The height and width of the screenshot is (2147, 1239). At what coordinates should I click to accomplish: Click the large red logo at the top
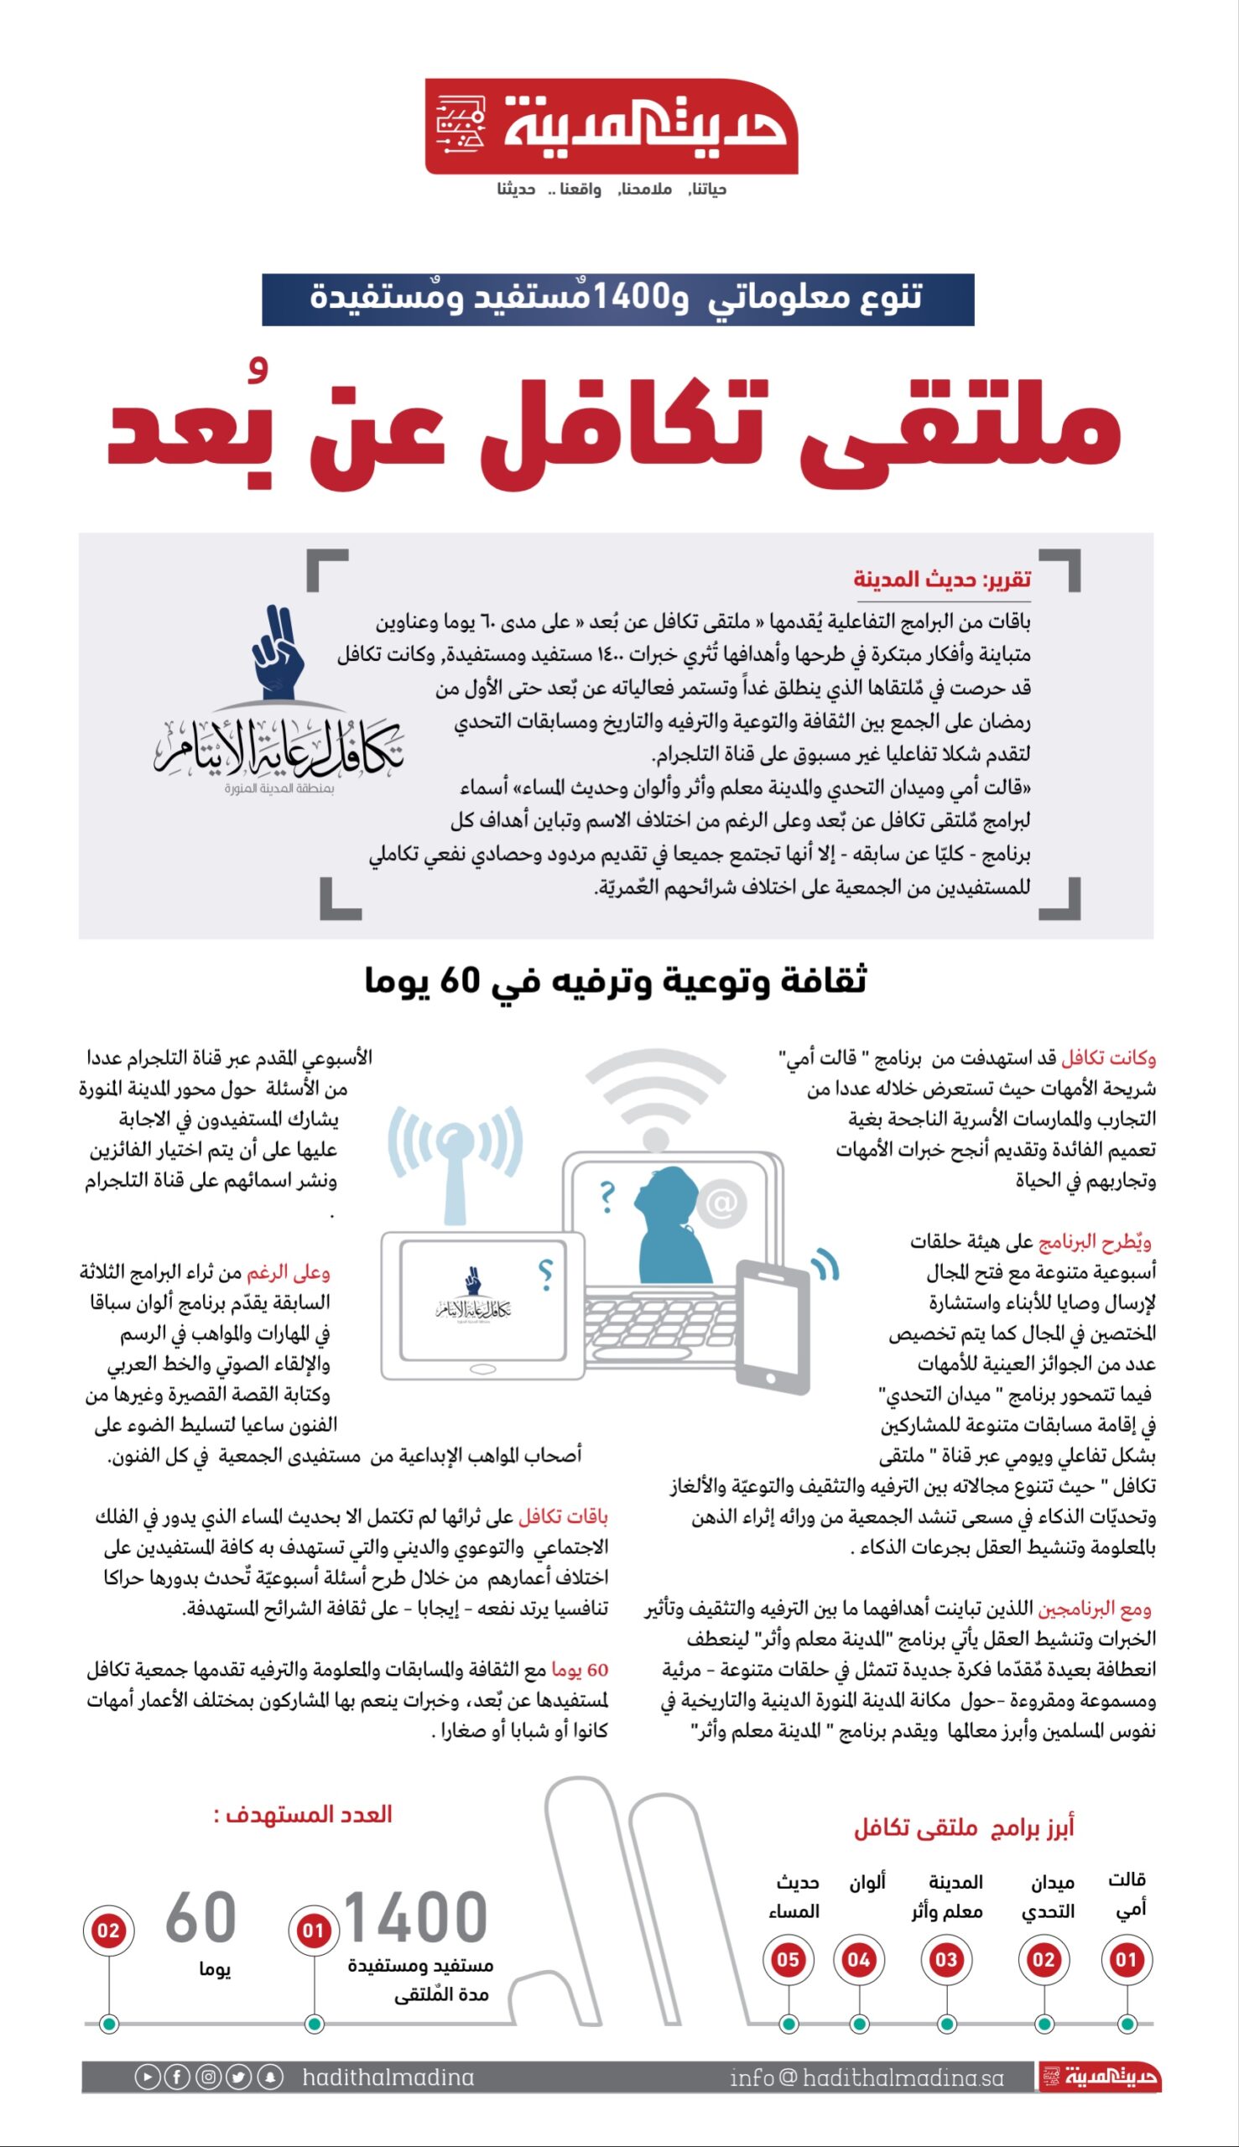[x=611, y=127]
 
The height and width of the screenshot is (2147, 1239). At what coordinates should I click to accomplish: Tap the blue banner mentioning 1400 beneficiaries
[x=617, y=299]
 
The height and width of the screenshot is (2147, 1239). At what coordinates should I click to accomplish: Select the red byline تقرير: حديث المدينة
[x=942, y=580]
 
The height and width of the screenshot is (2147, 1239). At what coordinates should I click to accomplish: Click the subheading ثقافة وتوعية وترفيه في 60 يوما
[x=615, y=980]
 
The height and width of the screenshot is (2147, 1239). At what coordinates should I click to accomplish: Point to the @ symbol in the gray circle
[x=721, y=1203]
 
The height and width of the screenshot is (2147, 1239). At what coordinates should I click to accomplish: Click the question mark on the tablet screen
[x=546, y=1273]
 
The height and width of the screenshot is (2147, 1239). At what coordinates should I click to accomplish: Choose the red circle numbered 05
[x=787, y=1960]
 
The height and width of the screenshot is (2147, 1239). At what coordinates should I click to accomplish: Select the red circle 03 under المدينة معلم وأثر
[x=945, y=1960]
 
